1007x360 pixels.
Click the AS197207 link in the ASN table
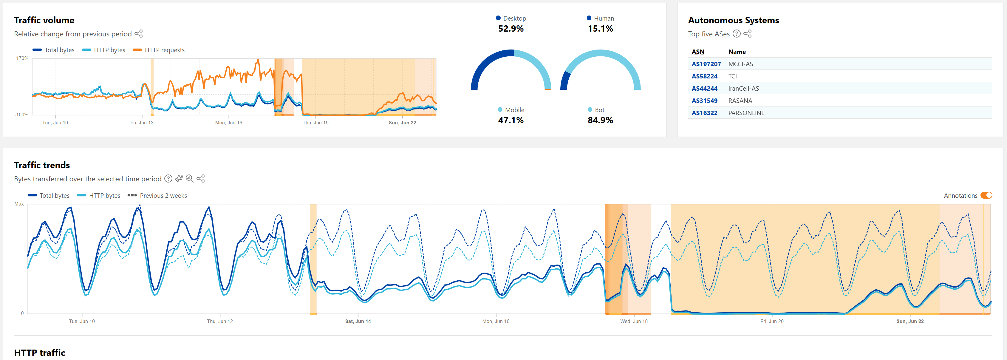[706, 64]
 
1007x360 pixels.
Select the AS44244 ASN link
[704, 88]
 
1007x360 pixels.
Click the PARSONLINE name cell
[746, 113]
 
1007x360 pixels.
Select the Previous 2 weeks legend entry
[163, 195]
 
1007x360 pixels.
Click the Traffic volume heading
[44, 20]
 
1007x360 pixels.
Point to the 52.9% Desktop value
[511, 29]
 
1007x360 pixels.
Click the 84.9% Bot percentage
[600, 120]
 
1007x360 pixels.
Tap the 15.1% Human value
[600, 29]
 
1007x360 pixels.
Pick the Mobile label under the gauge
[514, 110]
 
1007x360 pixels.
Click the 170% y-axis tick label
[22, 58]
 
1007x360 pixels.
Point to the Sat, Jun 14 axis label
[358, 321]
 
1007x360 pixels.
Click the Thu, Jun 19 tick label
[315, 123]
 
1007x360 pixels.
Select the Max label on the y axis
[19, 204]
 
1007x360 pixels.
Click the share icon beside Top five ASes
[748, 34]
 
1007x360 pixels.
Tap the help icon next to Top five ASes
[737, 34]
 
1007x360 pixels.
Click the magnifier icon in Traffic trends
[190, 179]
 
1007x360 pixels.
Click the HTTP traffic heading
[39, 353]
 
